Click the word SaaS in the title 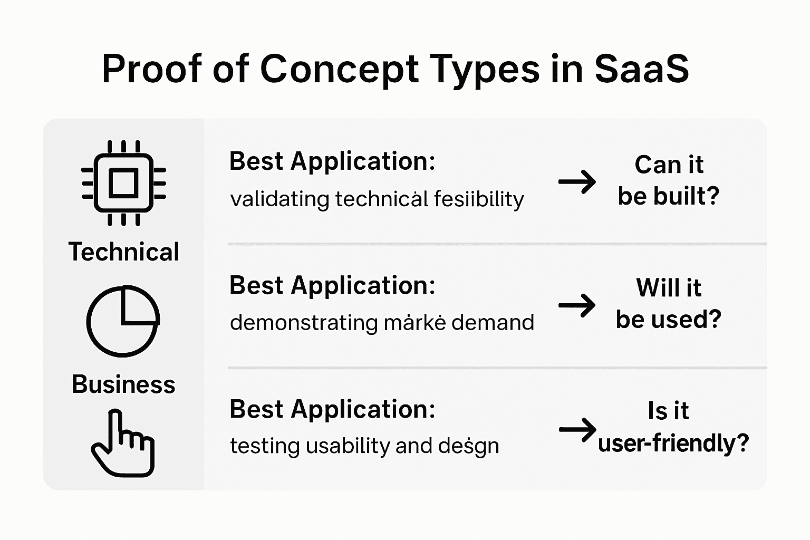[x=642, y=69]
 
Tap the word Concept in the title [x=339, y=69]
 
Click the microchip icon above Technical [x=123, y=183]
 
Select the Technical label [x=124, y=252]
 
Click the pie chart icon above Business [x=123, y=321]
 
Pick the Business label [x=123, y=384]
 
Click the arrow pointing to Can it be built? [x=577, y=182]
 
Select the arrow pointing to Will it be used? [x=577, y=305]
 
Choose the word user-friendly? [x=673, y=442]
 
